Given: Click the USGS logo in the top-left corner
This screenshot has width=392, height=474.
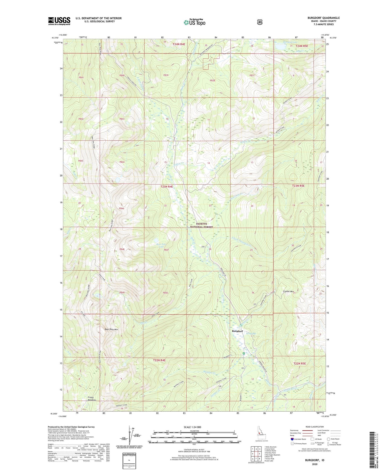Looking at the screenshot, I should (59, 21).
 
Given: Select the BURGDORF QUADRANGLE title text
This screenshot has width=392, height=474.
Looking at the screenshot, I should (323, 18).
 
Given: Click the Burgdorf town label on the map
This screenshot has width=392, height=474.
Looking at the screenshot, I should (237, 331).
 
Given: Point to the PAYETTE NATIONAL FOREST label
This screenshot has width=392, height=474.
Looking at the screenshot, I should (201, 225).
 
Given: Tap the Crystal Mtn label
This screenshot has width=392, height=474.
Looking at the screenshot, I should (288, 291).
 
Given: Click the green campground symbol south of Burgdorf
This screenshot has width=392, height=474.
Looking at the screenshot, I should (244, 353).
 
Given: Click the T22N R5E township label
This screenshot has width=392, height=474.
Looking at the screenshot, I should (299, 363).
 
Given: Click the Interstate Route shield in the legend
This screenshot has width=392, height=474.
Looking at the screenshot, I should (292, 439).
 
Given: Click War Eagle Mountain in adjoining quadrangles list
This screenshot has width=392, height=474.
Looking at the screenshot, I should (273, 455).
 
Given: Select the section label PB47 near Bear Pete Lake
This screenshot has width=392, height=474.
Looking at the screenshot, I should (166, 250).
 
